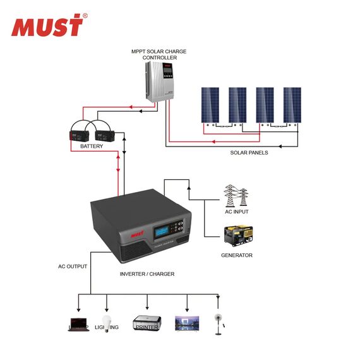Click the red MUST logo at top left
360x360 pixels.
[47, 26]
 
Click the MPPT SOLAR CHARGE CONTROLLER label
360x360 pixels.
[159, 54]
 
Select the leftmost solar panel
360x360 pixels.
[210, 105]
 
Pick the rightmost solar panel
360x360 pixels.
[292, 105]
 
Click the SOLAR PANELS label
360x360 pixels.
[249, 153]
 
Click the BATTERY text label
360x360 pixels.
[92, 147]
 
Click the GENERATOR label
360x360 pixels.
[237, 255]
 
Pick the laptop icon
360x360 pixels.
[78, 323]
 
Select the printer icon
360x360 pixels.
[146, 323]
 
